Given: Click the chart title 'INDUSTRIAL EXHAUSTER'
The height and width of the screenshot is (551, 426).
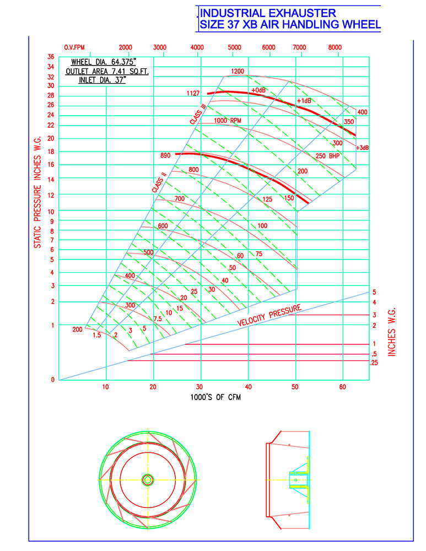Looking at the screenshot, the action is click(x=268, y=13).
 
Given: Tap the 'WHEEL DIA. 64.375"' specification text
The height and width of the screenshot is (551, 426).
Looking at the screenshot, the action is click(x=104, y=62).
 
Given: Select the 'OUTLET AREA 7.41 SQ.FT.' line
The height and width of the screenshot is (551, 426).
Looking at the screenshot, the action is click(x=107, y=71).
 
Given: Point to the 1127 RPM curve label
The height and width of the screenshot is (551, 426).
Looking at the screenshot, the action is click(x=193, y=93).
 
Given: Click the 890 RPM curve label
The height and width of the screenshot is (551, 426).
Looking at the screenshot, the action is click(x=165, y=155).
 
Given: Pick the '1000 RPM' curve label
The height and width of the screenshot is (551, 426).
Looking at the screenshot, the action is click(x=228, y=121).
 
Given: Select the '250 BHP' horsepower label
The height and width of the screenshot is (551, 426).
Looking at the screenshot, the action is click(x=327, y=156).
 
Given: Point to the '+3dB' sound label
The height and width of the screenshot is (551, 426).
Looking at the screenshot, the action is click(x=363, y=148).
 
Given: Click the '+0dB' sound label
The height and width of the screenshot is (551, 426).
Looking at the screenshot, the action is click(x=258, y=90).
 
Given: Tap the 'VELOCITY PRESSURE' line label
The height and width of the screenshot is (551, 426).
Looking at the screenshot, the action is click(x=269, y=315).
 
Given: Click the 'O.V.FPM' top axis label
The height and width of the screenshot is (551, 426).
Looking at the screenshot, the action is click(x=74, y=47).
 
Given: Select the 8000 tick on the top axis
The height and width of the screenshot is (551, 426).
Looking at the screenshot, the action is click(x=335, y=47).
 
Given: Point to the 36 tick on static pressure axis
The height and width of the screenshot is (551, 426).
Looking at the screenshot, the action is click(x=51, y=57).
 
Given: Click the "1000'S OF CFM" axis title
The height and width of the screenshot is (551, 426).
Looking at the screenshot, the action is click(x=215, y=397).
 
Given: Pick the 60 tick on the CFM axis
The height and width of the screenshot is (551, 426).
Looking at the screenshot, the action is click(x=343, y=387).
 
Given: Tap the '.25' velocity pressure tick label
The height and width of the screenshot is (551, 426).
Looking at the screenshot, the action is click(x=374, y=363).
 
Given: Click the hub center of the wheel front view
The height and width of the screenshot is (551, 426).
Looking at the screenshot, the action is click(x=148, y=480).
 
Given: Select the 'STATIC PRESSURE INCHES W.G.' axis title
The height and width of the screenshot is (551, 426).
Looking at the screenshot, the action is click(x=37, y=192).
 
